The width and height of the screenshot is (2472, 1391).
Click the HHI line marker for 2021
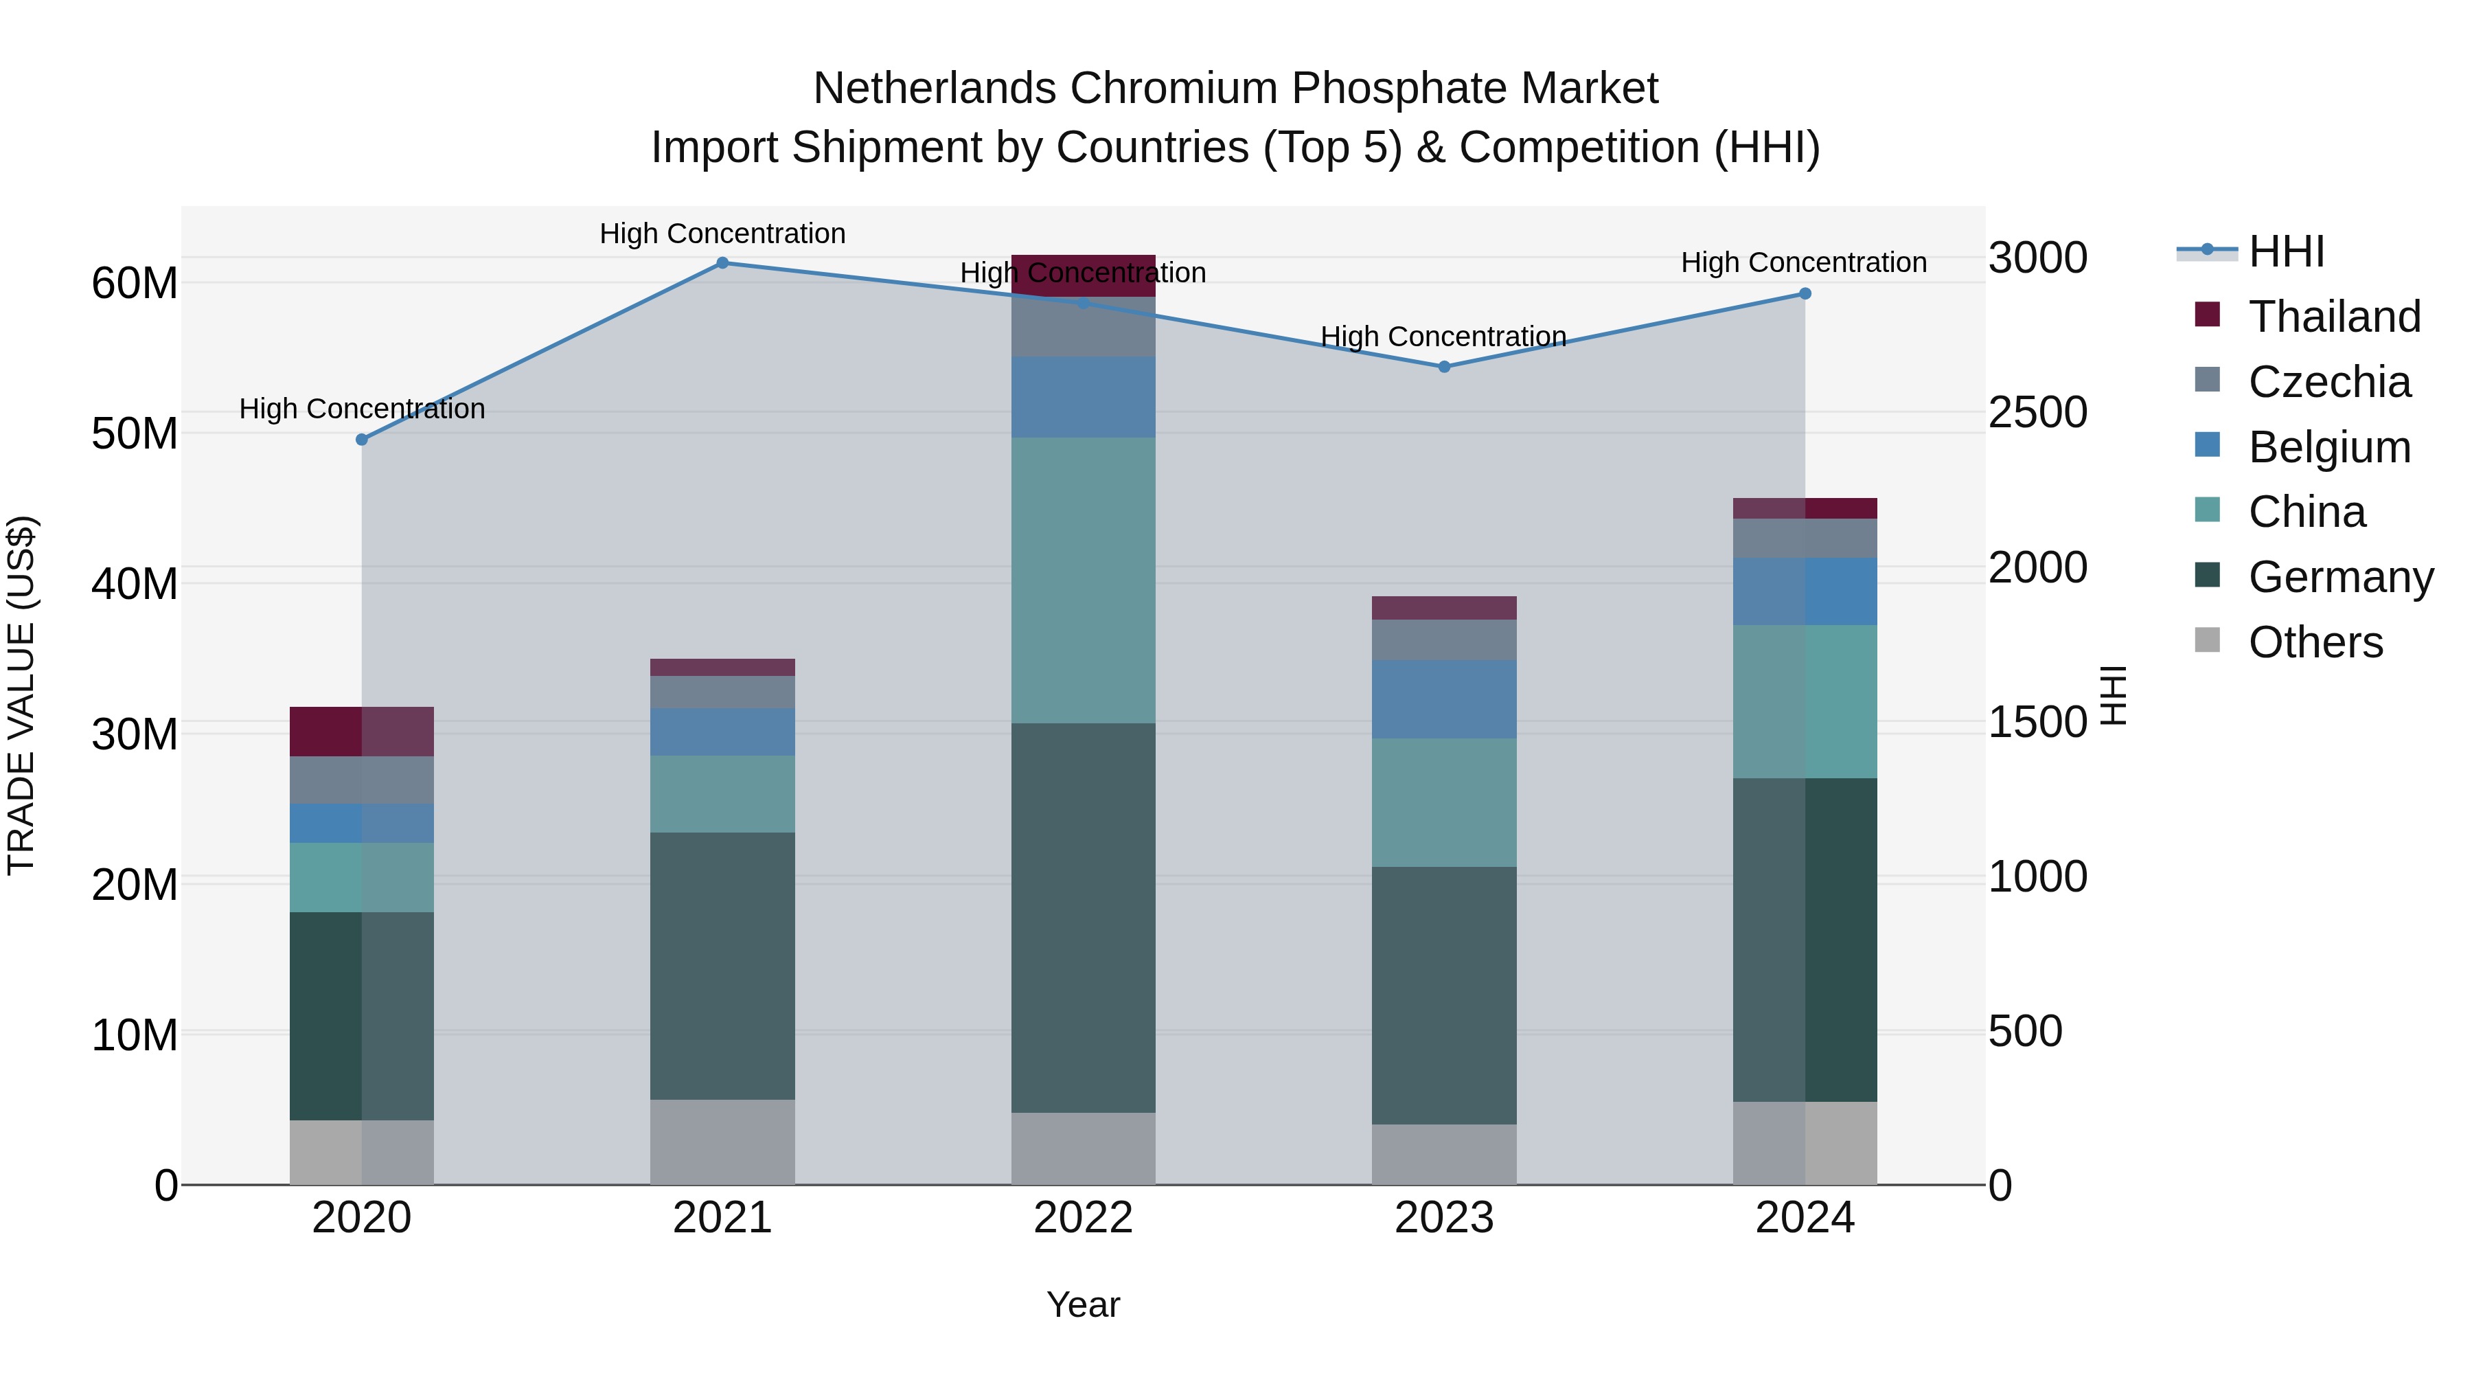pyautogui.click(x=722, y=263)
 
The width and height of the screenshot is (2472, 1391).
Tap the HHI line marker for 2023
pyautogui.click(x=1444, y=367)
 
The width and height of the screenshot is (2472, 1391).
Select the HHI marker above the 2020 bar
pyautogui.click(x=362, y=440)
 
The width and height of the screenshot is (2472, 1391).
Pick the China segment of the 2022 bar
pyautogui.click(x=1084, y=580)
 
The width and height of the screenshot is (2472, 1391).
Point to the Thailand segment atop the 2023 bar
pyautogui.click(x=1444, y=608)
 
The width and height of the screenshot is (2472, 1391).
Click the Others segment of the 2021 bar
pyautogui.click(x=722, y=1142)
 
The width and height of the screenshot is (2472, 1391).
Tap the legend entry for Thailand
pyautogui.click(x=2334, y=317)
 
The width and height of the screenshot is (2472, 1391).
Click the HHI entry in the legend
pyautogui.click(x=2286, y=251)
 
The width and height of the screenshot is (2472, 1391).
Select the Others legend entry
pyautogui.click(x=2315, y=642)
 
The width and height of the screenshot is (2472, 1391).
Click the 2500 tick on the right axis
pyautogui.click(x=2037, y=412)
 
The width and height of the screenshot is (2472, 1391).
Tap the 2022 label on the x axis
pyautogui.click(x=1084, y=1218)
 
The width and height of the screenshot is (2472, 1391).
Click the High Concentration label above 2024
pyautogui.click(x=1803, y=262)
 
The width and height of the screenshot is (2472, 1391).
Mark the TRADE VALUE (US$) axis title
pyautogui.click(x=21, y=695)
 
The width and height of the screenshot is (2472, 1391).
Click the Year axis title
pyautogui.click(x=1084, y=1304)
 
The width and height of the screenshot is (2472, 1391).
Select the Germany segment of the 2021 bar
pyautogui.click(x=722, y=966)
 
